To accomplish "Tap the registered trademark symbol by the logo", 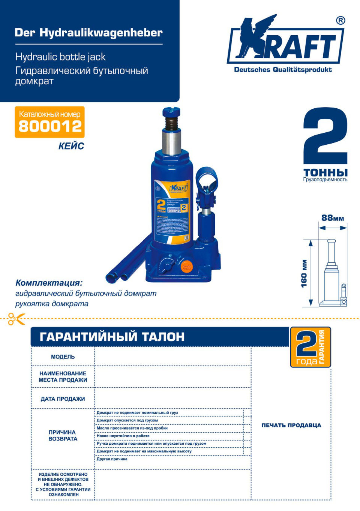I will coord(340,21).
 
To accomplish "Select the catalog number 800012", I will coord(50,126).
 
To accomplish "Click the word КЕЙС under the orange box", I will coord(71,146).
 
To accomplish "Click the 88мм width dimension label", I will coord(333,218).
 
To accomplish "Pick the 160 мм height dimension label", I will coord(304,273).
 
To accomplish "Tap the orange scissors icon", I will coord(16,319).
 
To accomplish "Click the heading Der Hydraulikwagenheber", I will coord(88,33).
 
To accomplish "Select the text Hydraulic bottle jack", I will coord(60,57).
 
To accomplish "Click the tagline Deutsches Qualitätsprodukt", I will coord(283,69).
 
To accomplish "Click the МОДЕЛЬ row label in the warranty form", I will coord(63,357).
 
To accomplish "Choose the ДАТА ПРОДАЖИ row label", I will coord(63,399).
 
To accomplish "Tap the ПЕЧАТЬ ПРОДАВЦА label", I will coord(291,425).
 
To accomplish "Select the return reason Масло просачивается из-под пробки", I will coord(132,428).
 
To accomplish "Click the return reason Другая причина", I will coord(112,459).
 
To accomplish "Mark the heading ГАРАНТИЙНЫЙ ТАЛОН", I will coord(112,337).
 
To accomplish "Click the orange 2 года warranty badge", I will coord(310,347).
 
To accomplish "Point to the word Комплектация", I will coord(49,283).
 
